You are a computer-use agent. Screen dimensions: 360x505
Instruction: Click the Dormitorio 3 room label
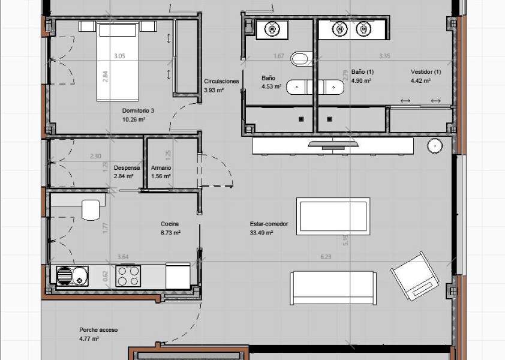(138, 111)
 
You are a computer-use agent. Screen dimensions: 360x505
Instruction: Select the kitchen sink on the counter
(72, 276)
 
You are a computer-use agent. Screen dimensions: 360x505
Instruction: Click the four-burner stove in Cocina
(128, 276)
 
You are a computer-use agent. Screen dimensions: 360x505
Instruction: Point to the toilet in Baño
(299, 59)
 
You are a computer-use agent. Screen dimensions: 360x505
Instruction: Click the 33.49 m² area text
(261, 233)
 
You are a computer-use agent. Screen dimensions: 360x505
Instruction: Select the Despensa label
(127, 168)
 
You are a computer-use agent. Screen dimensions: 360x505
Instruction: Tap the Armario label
(161, 168)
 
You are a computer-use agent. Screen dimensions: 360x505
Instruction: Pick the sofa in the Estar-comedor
(333, 287)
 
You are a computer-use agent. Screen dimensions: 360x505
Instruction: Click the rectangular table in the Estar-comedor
(333, 214)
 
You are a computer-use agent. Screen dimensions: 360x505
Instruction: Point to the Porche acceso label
(98, 330)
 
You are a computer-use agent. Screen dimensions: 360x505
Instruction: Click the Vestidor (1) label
(426, 71)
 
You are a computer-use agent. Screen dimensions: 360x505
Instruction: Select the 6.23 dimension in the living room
(326, 257)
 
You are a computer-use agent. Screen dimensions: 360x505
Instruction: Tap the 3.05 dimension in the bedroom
(119, 56)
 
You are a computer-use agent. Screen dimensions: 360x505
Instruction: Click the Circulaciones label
(221, 81)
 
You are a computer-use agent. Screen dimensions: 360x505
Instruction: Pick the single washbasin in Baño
(272, 28)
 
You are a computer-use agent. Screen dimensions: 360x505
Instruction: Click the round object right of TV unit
(435, 146)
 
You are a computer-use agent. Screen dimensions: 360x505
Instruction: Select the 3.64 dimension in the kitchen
(122, 257)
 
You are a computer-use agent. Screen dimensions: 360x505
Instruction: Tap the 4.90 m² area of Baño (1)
(361, 80)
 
